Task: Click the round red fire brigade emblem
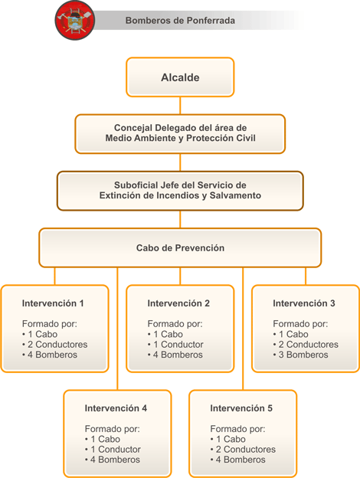point(75,20)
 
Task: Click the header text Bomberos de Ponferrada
point(180,21)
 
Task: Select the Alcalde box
point(180,77)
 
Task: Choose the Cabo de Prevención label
point(180,248)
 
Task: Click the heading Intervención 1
point(53,303)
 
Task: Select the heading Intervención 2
point(178,303)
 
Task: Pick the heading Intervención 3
point(304,303)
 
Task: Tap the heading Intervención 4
point(116,408)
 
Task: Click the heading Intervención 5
point(241,408)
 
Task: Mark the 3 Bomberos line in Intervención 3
point(301,355)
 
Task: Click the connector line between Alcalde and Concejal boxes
point(180,106)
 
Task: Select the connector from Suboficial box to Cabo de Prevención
point(180,219)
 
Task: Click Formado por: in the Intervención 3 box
point(300,324)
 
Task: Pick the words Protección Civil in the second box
point(221,138)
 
